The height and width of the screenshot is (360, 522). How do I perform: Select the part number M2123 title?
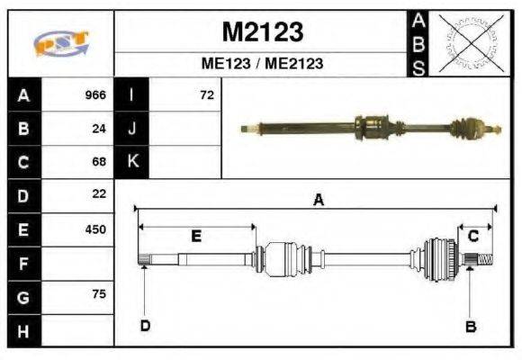click(x=262, y=32)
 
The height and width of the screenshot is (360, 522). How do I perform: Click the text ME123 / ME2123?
click(x=262, y=64)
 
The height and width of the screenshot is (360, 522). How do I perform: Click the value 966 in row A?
click(x=95, y=94)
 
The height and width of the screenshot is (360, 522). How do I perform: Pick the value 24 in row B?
click(x=100, y=129)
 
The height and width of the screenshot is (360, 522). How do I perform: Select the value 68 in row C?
click(x=100, y=162)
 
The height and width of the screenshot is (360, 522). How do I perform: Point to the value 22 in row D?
click(x=100, y=194)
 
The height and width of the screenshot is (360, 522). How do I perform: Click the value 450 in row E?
click(x=95, y=229)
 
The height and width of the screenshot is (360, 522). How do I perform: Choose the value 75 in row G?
click(x=100, y=295)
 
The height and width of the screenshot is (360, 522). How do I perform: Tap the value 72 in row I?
click(x=207, y=94)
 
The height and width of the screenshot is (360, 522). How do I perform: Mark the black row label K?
click(x=132, y=162)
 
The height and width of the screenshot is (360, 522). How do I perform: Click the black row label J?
click(x=132, y=129)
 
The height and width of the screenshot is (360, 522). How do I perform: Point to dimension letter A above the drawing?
click(x=317, y=201)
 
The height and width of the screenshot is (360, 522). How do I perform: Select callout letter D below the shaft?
click(x=144, y=326)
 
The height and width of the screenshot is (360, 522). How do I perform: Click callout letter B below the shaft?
click(x=470, y=326)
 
